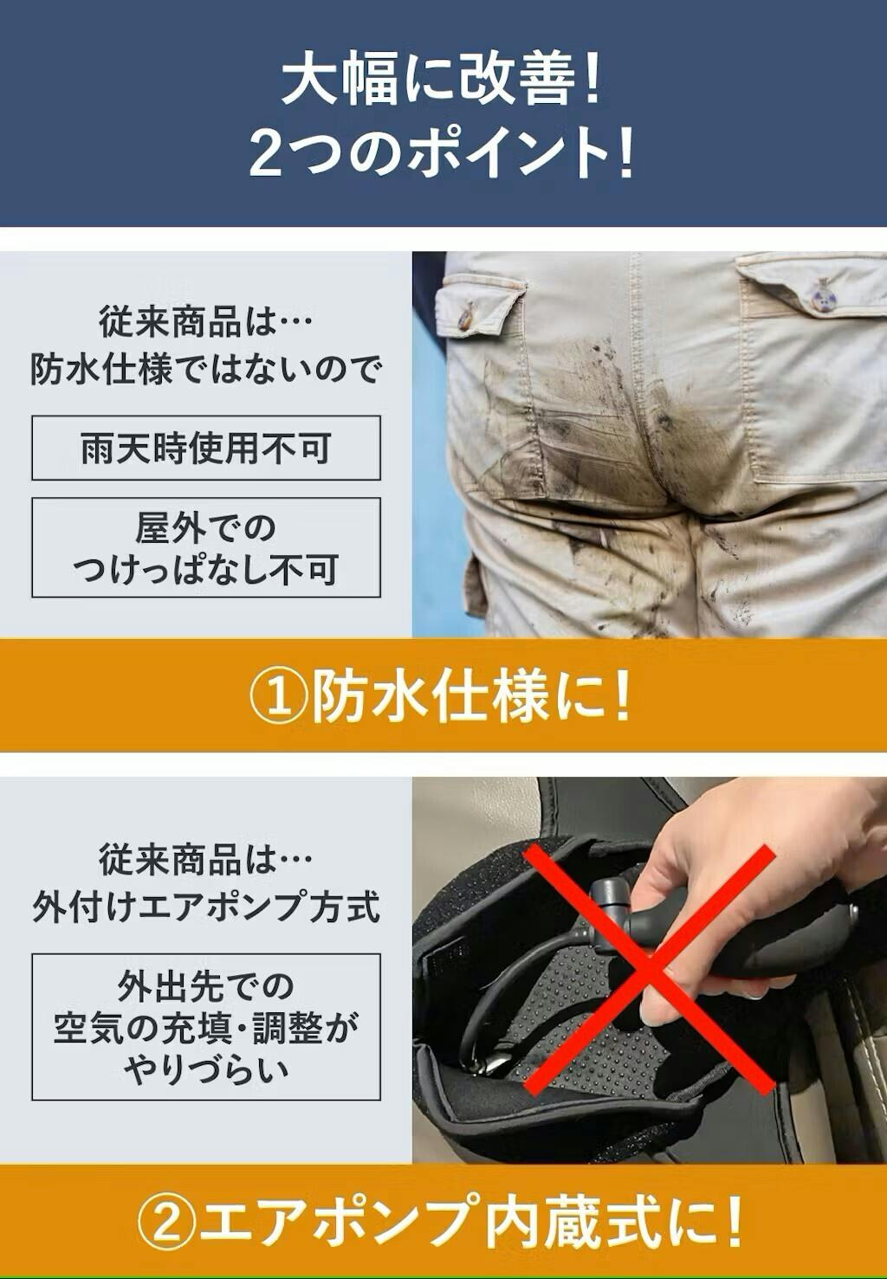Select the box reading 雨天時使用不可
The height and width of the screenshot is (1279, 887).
click(205, 448)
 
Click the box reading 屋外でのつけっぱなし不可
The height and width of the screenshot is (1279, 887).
click(205, 547)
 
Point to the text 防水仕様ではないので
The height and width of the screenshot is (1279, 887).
click(205, 371)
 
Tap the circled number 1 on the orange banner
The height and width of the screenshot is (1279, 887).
click(279, 698)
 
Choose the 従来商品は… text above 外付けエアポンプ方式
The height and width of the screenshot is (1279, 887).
click(205, 859)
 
